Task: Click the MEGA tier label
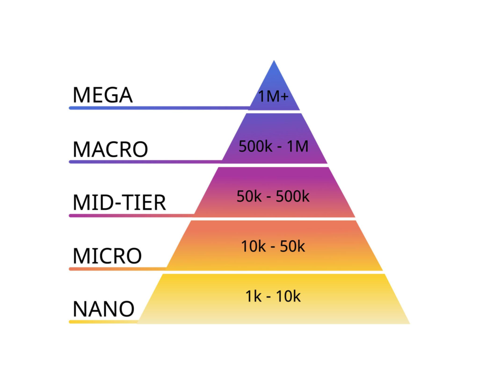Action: pos(102,95)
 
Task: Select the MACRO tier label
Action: pos(110,149)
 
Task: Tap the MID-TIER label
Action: pos(119,202)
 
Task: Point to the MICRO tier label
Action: pos(107,256)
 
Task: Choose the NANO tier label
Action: pos(103,309)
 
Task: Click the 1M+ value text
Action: pos(273,96)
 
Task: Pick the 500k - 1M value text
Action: pos(273,147)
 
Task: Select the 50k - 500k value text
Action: pos(273,196)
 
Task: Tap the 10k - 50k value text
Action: pos(273,246)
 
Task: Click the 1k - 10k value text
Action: pos(273,296)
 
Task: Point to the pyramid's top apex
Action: pos(274,60)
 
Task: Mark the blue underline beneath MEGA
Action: pos(160,108)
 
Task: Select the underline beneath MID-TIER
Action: pos(131,215)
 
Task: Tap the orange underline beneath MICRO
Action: pos(118,269)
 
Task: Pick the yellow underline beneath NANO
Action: pos(103,322)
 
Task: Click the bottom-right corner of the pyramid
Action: pos(410,324)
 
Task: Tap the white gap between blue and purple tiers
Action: pos(274,112)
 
